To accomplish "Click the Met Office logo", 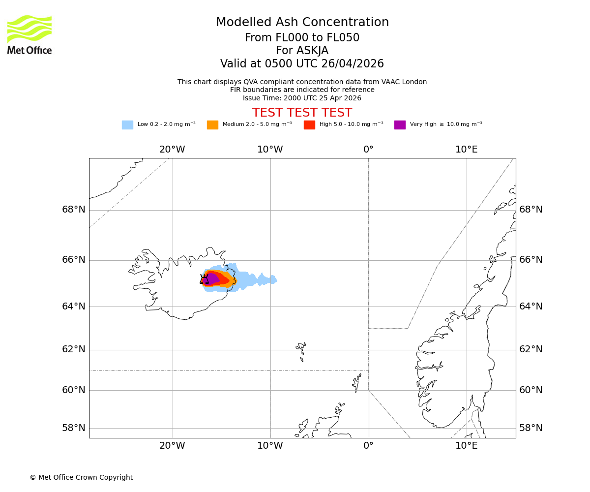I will click(x=29, y=34).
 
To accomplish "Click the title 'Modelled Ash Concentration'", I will click(x=302, y=23).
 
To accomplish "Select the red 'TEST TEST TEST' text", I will click(x=302, y=113).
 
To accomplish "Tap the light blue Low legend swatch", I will click(x=127, y=125).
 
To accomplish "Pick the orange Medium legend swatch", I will click(x=212, y=125).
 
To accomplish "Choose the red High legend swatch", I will click(x=309, y=125).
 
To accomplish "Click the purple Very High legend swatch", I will click(x=400, y=125).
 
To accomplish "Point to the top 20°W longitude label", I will click(x=172, y=150).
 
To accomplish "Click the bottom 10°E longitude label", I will click(x=466, y=446).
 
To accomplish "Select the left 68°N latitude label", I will click(x=73, y=210).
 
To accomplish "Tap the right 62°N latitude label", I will click(x=531, y=349).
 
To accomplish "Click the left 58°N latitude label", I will click(x=73, y=428).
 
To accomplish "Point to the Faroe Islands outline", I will click(x=301, y=350).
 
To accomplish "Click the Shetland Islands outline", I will click(x=356, y=383).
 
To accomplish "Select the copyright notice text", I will click(x=81, y=477).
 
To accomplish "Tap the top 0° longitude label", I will click(x=368, y=150).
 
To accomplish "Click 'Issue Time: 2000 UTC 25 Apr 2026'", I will click(x=302, y=98).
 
